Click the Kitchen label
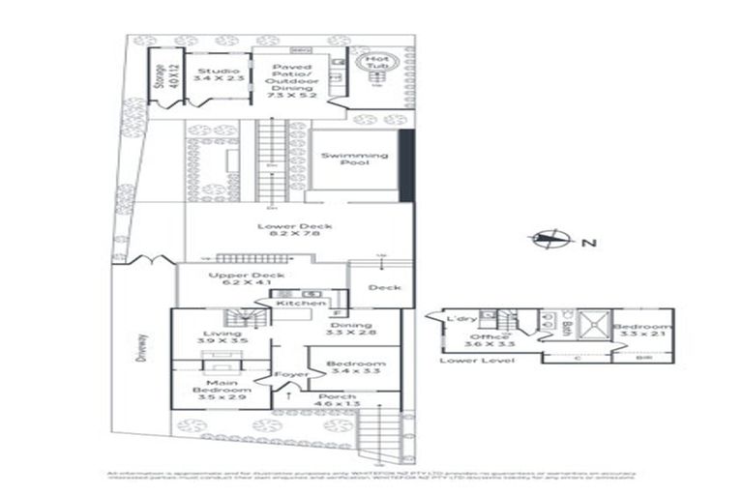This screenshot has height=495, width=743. (294, 304)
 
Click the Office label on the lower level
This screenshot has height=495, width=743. (476, 335)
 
